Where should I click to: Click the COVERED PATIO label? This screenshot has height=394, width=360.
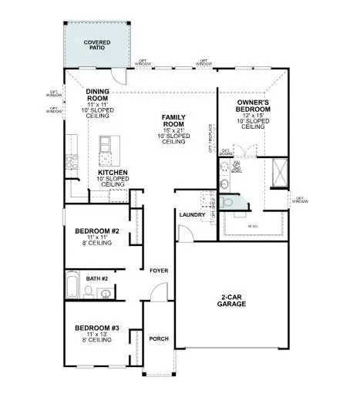[98, 44]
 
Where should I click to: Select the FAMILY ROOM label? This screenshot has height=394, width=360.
[173, 120]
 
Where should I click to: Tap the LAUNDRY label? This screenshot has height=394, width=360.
[191, 215]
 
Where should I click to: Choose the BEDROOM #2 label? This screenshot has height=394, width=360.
[96, 231]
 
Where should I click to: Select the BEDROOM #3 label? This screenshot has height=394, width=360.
[96, 328]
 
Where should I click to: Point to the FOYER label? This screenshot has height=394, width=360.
[159, 271]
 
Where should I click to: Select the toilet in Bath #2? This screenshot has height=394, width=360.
[89, 291]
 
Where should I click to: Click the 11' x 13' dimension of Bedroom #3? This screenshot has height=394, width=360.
[96, 336]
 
